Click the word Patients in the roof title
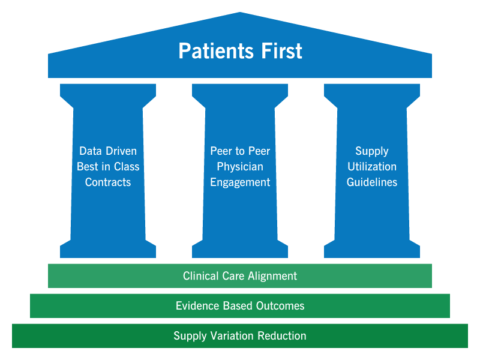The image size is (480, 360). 216,51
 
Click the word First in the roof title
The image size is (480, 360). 281,51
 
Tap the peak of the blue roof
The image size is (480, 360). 240,13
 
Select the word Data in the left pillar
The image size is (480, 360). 91,151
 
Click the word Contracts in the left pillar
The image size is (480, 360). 108,182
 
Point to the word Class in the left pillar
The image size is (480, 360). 126,167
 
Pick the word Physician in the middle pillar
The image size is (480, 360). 240,167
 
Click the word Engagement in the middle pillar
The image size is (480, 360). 240,182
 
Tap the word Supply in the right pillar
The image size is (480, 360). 372,151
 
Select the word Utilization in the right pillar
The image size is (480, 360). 372,167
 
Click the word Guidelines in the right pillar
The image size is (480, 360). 372,182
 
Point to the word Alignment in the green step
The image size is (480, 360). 272,277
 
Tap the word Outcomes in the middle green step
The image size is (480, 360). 280,306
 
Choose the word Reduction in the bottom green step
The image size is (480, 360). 282,336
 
